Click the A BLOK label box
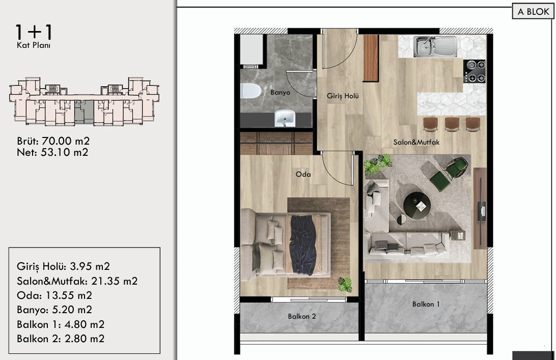(x=533, y=11)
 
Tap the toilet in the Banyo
(x=251, y=91)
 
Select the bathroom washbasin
(x=285, y=118)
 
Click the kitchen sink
(x=435, y=46)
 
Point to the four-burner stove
(x=475, y=71)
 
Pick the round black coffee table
(x=417, y=206)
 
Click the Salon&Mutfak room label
(x=416, y=142)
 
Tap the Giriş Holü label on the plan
(x=343, y=96)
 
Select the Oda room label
(x=303, y=174)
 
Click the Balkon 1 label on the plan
(x=426, y=304)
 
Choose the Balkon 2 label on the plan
(x=302, y=316)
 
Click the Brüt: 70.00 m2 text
(x=53, y=141)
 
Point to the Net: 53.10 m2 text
(x=52, y=152)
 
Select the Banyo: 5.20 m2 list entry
(x=54, y=310)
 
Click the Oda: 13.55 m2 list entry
(x=54, y=295)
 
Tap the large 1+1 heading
(x=34, y=32)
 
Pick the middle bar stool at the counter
(x=452, y=124)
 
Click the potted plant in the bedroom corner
(x=345, y=285)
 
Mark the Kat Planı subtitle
(x=34, y=45)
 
